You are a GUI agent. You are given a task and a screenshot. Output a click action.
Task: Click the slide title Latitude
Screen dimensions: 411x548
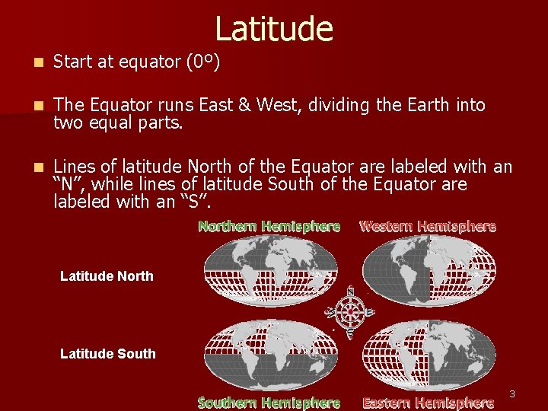click(x=274, y=29)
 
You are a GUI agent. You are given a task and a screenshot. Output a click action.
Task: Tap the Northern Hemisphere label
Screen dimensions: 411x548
click(x=269, y=226)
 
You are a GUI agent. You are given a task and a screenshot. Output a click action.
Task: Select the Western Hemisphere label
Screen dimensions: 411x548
click(x=427, y=226)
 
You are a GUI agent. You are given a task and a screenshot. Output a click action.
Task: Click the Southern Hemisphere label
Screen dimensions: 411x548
click(x=269, y=403)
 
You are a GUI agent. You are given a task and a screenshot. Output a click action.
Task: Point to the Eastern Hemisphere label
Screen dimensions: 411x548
click(x=428, y=403)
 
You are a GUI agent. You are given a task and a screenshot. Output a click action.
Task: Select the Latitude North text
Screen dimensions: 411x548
click(x=107, y=276)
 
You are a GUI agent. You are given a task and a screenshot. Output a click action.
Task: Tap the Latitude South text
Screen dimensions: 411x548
click(x=107, y=354)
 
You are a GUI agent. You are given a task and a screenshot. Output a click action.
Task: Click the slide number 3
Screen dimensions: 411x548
click(x=512, y=394)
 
